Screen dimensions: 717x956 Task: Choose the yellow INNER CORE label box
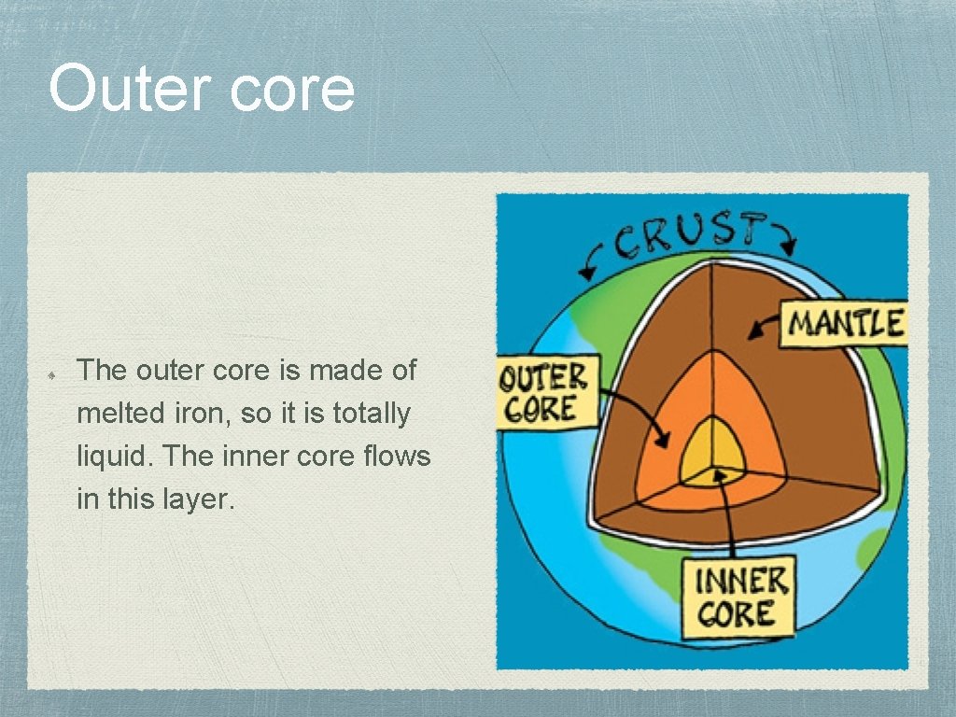tap(738, 597)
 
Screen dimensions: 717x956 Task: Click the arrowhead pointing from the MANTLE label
tap(753, 330)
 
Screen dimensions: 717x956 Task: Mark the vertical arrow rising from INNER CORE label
tap(728, 513)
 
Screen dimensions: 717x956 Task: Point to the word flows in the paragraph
tap(400, 457)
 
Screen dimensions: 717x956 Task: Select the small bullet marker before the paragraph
tap(56, 372)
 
